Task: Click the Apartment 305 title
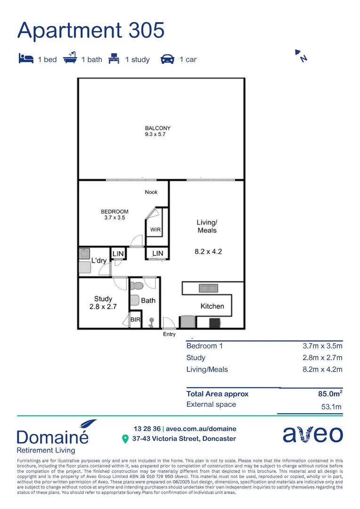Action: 91,30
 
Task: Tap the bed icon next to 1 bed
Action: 26,59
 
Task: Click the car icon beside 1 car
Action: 167,59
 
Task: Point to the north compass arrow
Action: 301,55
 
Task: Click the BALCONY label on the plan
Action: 157,128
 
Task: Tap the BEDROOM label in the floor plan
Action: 115,212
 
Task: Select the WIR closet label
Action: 156,230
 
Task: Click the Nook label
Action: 151,192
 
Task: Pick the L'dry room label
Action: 99,261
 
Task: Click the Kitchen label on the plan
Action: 212,306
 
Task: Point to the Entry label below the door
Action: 169,334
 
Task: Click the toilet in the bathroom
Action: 137,286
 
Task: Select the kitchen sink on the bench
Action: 208,288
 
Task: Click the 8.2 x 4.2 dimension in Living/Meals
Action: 208,252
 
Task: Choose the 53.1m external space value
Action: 331,407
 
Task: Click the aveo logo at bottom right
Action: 312,434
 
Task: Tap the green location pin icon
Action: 125,439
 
